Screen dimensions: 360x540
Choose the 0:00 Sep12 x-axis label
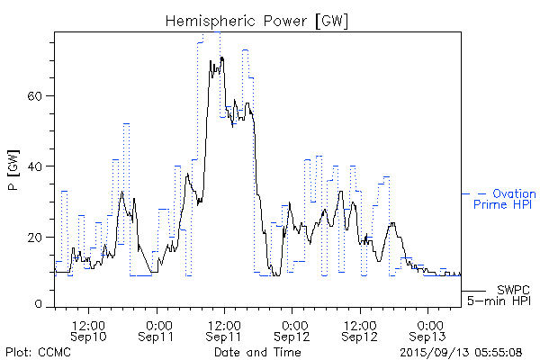(x=293, y=329)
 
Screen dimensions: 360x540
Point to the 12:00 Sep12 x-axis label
(x=360, y=329)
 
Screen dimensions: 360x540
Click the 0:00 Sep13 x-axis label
(x=429, y=329)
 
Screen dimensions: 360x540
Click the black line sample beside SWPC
(x=474, y=291)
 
